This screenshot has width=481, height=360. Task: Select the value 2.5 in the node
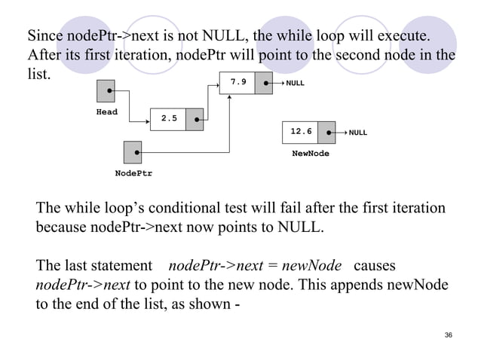coord(169,118)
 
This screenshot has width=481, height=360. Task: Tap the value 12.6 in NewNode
coord(300,132)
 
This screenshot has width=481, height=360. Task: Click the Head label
coord(107,111)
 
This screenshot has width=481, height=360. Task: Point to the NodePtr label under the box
coord(133,172)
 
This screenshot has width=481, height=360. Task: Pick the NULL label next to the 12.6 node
coord(358,133)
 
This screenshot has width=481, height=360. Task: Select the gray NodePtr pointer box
coord(133,151)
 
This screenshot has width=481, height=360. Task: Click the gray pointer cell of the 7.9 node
coord(263,83)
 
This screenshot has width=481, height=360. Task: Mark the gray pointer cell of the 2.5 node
coord(195,118)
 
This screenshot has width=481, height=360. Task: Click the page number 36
coord(449,335)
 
